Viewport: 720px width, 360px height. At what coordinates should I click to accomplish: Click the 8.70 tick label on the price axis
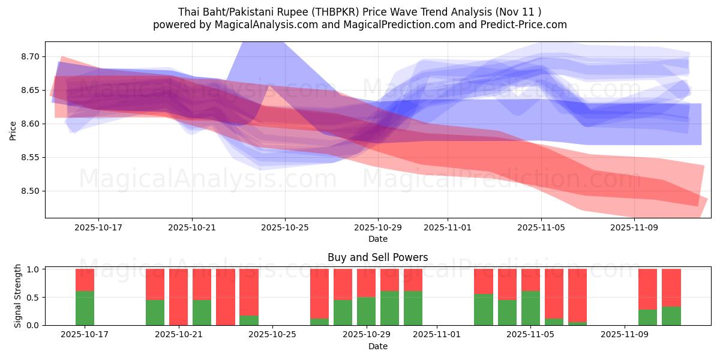(x=29, y=57)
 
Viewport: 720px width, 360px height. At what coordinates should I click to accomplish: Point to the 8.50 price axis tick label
(x=29, y=191)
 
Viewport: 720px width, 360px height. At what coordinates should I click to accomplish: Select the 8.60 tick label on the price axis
(x=29, y=124)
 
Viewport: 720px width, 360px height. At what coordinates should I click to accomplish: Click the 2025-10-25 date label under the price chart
(x=285, y=228)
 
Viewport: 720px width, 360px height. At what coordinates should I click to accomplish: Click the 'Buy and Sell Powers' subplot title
(x=377, y=257)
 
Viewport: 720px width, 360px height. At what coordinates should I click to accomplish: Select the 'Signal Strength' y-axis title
(x=18, y=296)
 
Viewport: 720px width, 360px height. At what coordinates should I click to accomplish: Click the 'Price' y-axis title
(x=13, y=130)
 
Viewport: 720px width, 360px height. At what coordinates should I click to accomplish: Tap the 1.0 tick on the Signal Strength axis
(x=34, y=269)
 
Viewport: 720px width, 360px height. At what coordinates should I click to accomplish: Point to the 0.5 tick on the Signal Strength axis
(x=34, y=298)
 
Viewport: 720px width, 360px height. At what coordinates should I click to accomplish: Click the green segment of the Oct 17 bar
(x=85, y=308)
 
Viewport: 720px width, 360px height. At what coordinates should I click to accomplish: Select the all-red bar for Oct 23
(x=225, y=297)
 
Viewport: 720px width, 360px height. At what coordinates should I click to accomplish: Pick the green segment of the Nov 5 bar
(x=530, y=308)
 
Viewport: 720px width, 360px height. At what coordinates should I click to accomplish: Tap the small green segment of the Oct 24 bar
(x=248, y=320)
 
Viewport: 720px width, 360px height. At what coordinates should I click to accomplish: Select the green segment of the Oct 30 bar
(x=389, y=308)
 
